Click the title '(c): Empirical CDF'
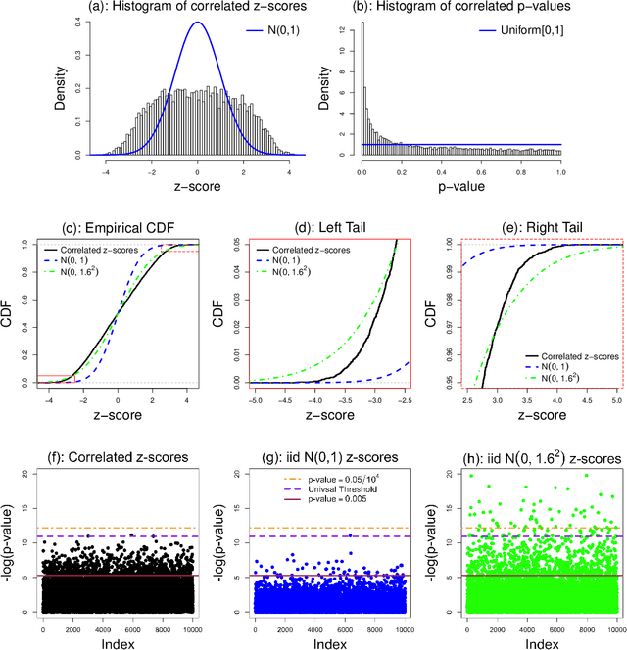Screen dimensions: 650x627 click(118, 228)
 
